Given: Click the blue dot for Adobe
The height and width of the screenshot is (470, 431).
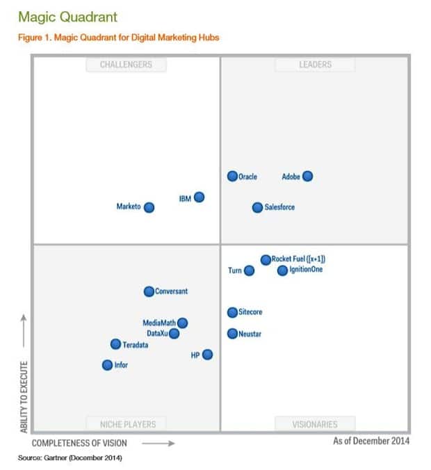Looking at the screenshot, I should tap(307, 177).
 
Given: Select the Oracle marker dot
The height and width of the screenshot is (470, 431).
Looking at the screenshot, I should tap(233, 177).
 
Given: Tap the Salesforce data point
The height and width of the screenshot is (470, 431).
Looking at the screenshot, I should tap(257, 207).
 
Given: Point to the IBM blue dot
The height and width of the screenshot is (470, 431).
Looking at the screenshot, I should tap(199, 197).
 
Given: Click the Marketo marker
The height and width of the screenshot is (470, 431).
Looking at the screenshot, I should tap(149, 207).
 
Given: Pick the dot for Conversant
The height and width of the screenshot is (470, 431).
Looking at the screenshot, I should tap(149, 292).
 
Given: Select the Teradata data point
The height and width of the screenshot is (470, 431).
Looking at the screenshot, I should tap(116, 344).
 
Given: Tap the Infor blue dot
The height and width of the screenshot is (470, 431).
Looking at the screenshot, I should tap(107, 365).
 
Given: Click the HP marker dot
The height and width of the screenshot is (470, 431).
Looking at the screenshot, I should tap(207, 355).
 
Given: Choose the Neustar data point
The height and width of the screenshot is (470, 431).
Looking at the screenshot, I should tap(233, 334).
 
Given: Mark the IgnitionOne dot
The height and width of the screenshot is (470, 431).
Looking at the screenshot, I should tap(282, 270).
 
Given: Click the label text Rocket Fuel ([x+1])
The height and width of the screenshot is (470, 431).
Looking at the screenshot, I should tap(299, 259).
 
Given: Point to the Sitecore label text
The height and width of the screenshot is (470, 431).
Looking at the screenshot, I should tap(250, 313).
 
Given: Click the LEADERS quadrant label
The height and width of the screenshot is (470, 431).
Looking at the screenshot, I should tap(315, 65).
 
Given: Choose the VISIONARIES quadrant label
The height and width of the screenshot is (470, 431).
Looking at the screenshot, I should tap(315, 423).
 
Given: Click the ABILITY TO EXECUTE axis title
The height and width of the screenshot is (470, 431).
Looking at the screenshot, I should tap(24, 397).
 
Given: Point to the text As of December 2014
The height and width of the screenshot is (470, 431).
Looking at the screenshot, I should tap(371, 441).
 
